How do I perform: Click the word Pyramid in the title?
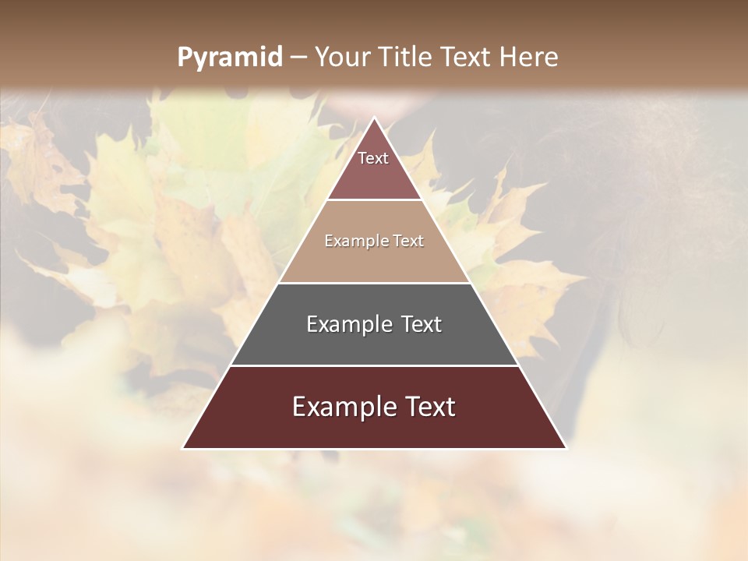tap(229, 58)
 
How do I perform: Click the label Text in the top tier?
tap(373, 158)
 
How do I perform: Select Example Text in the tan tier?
tap(374, 241)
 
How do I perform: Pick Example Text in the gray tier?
tap(374, 324)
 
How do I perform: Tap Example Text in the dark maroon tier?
tap(374, 407)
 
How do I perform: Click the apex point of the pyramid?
tap(374, 118)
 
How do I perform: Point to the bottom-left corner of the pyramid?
tap(183, 448)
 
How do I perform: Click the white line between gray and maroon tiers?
tap(374, 365)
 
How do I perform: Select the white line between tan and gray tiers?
tap(374, 283)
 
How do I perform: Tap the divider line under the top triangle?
tap(374, 200)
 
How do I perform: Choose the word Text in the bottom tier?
tap(424, 407)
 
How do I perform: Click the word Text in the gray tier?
tap(419, 324)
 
